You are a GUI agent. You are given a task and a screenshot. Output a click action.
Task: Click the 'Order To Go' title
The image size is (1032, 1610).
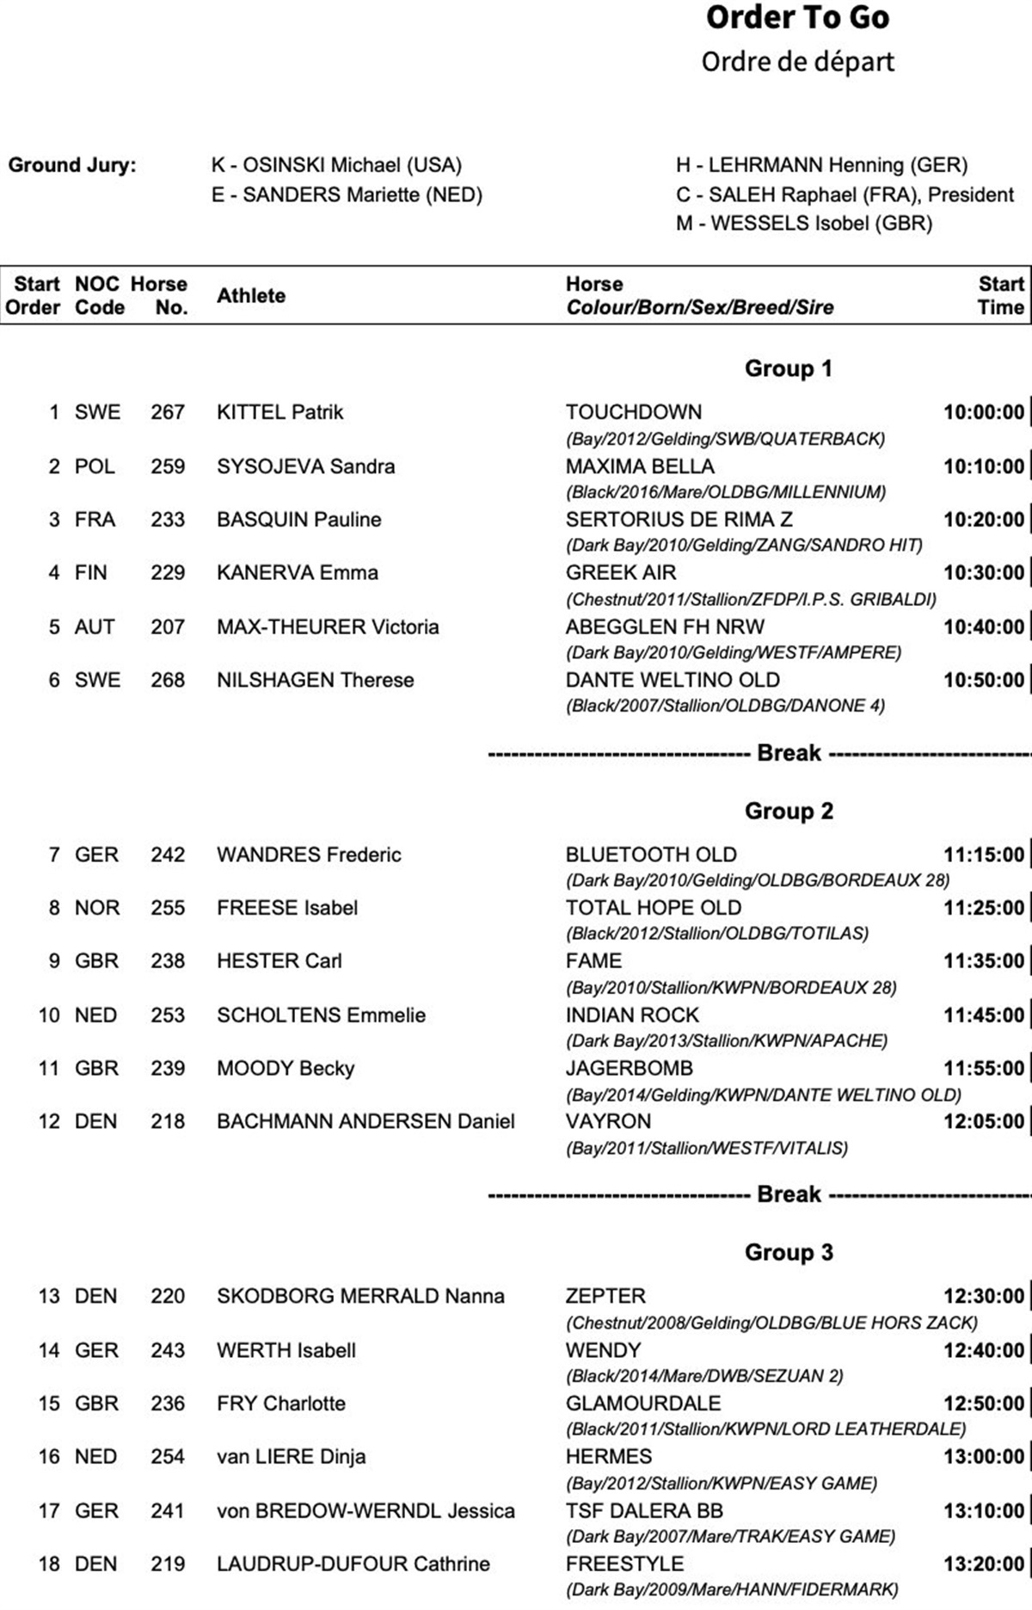click(797, 18)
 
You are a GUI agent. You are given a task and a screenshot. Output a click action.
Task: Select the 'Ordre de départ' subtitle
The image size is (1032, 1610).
click(797, 62)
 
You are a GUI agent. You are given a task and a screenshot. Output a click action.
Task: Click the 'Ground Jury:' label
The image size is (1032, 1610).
click(72, 165)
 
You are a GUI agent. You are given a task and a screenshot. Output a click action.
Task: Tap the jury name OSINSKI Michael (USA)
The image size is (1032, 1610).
click(336, 165)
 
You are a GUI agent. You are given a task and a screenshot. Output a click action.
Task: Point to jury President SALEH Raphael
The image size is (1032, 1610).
click(845, 194)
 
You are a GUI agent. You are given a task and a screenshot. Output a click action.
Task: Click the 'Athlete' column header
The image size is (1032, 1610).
click(250, 296)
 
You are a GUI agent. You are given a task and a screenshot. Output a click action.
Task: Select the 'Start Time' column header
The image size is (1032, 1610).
click(1001, 296)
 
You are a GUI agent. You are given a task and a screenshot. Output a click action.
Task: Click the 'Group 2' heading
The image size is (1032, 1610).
click(789, 811)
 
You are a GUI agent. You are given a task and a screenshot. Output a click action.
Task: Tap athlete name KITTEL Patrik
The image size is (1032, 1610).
click(279, 412)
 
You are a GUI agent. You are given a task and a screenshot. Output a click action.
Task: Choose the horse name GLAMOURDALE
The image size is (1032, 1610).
click(642, 1403)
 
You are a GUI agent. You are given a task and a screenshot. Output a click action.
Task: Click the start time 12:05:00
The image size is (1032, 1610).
click(984, 1121)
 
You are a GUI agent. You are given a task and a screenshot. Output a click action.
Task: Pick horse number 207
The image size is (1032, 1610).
click(168, 626)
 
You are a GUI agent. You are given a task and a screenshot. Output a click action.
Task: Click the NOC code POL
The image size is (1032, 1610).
click(95, 466)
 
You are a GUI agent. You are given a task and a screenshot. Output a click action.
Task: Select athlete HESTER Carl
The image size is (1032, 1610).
click(279, 961)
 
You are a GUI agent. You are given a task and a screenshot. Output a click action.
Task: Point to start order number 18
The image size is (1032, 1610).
click(49, 1564)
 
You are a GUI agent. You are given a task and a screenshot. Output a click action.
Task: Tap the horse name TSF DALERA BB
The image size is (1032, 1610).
click(644, 1511)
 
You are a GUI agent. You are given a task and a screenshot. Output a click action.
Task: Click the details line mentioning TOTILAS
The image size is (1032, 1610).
click(716, 934)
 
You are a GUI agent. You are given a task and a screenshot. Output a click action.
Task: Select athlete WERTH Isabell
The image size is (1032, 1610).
click(286, 1350)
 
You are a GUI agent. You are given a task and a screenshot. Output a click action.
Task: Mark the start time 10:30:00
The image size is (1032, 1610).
click(984, 573)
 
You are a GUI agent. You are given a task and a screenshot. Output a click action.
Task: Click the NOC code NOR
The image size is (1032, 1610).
click(97, 908)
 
